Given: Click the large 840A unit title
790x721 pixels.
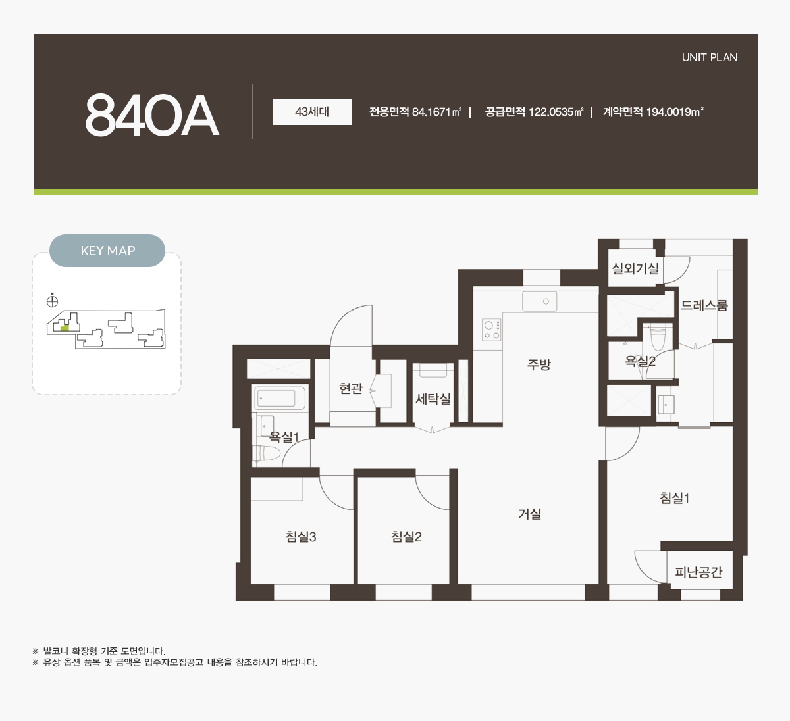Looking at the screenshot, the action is [151, 115].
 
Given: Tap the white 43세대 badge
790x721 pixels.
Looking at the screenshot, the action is [312, 112].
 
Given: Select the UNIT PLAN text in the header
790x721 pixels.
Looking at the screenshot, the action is [710, 57].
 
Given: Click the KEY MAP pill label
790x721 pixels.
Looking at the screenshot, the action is [107, 251].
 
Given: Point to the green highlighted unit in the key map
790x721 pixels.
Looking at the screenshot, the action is [65, 328].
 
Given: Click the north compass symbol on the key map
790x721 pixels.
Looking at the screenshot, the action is [53, 301].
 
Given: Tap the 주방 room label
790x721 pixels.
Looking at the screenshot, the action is [539, 364].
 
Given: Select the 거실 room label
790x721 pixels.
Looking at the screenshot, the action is [530, 514].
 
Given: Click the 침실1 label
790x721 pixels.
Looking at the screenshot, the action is [675, 498].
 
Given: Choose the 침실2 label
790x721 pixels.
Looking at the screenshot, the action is [406, 536].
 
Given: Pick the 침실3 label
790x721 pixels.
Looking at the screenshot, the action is [301, 536].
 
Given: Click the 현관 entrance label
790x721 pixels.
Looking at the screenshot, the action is [350, 388].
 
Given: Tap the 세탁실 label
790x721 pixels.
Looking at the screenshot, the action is [433, 399].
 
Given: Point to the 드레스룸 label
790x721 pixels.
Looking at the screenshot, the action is [704, 305].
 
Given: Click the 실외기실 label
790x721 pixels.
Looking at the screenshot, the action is [635, 269].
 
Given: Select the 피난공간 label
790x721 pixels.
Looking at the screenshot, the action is [698, 572].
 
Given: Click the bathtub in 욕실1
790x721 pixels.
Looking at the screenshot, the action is [280, 398].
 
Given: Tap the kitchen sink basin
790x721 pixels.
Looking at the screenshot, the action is [540, 301].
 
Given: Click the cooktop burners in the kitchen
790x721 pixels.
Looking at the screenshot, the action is [492, 330].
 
